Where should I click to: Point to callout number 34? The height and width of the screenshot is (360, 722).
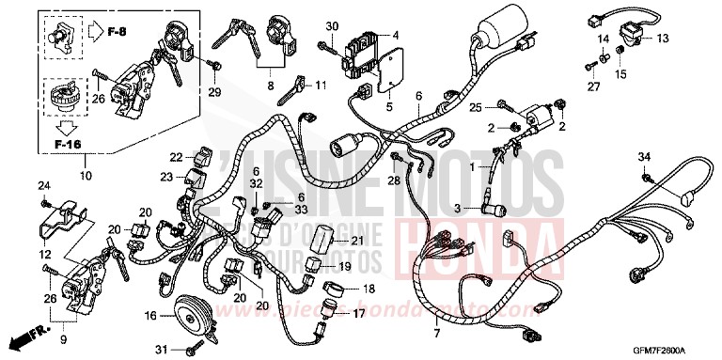point(644,156)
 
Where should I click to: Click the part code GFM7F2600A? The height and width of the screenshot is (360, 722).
point(668,351)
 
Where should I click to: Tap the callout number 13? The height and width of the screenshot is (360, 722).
point(662,39)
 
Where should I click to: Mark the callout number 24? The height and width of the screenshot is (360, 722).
point(42,185)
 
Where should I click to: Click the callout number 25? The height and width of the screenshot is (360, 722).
point(476,105)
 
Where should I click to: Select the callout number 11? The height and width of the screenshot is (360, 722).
point(321,86)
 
